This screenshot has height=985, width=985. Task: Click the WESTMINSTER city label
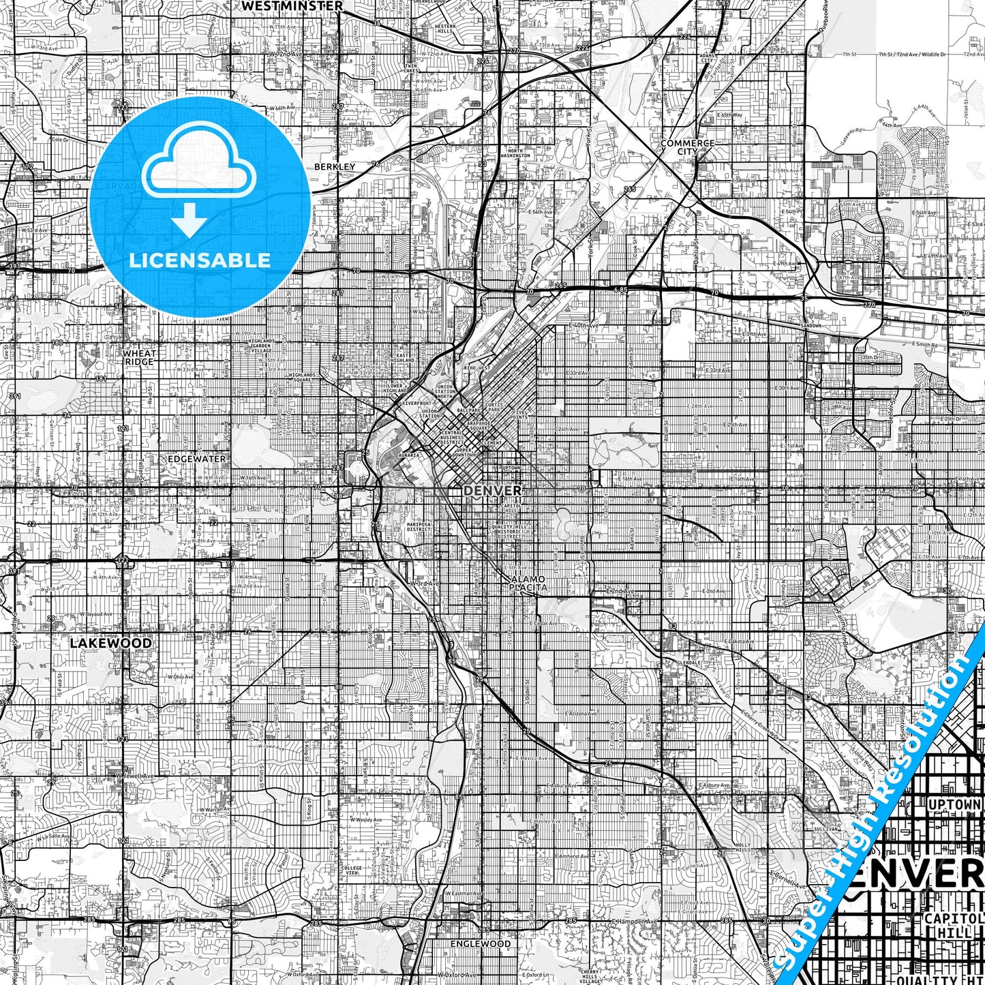292,5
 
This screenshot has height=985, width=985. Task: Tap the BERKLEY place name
335,166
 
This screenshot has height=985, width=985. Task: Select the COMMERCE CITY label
687,147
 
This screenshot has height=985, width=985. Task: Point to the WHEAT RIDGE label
139,357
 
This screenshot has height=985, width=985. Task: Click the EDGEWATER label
196,459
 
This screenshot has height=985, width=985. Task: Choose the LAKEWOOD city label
110,643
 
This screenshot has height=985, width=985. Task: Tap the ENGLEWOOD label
480,944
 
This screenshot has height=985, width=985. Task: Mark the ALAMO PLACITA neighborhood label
529,583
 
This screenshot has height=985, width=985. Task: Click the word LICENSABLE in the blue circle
200,260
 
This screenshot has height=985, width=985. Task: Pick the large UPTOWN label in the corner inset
954,805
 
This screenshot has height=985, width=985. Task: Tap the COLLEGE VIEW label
352,870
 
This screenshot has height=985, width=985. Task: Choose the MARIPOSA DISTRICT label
419,527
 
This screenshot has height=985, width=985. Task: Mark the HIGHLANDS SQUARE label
302,378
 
